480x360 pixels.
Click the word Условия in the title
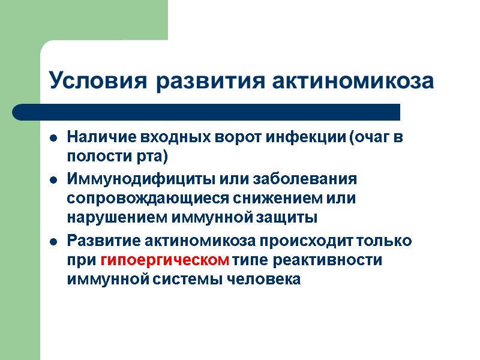[x=98, y=81]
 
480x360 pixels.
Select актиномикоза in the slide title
[x=353, y=81]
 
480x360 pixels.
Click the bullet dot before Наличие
[x=53, y=138]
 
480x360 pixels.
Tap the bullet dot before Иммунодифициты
[x=53, y=180]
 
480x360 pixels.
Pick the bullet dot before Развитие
[x=53, y=242]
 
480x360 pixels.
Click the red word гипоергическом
[x=166, y=260]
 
